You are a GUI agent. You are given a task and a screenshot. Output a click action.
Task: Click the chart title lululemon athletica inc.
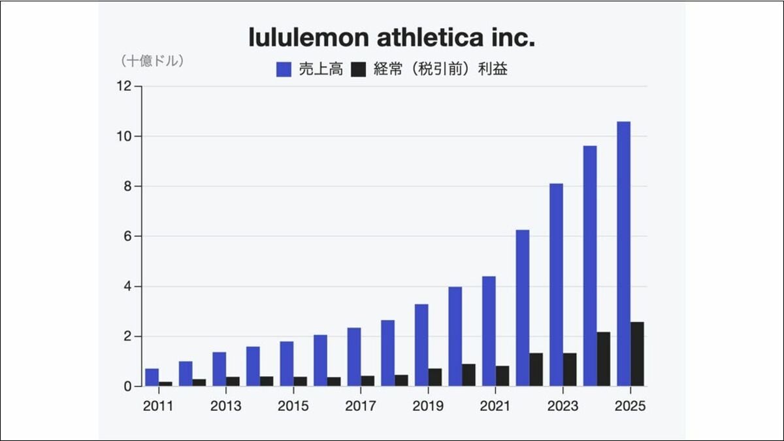coord(392,38)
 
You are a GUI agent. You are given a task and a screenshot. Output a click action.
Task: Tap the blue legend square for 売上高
coord(284,69)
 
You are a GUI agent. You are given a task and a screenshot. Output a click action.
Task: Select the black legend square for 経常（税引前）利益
coord(359,69)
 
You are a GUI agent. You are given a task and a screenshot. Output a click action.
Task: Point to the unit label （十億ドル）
coord(152,61)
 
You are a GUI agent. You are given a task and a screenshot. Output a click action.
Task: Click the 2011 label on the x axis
coord(158,406)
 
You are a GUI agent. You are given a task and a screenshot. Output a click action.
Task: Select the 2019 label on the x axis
coord(428,406)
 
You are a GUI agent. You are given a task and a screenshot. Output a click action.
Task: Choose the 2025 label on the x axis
coord(630,406)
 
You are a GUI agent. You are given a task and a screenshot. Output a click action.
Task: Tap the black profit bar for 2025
coord(637,354)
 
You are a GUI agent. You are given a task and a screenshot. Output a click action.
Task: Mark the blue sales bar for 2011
coord(152,378)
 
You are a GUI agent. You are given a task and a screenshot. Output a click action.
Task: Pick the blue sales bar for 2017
coord(354,357)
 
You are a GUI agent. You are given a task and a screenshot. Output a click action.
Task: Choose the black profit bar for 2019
coord(435,378)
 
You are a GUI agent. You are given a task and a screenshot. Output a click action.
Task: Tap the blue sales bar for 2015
coord(286,364)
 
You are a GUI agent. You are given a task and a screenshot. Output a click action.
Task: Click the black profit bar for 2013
coord(233,381)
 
